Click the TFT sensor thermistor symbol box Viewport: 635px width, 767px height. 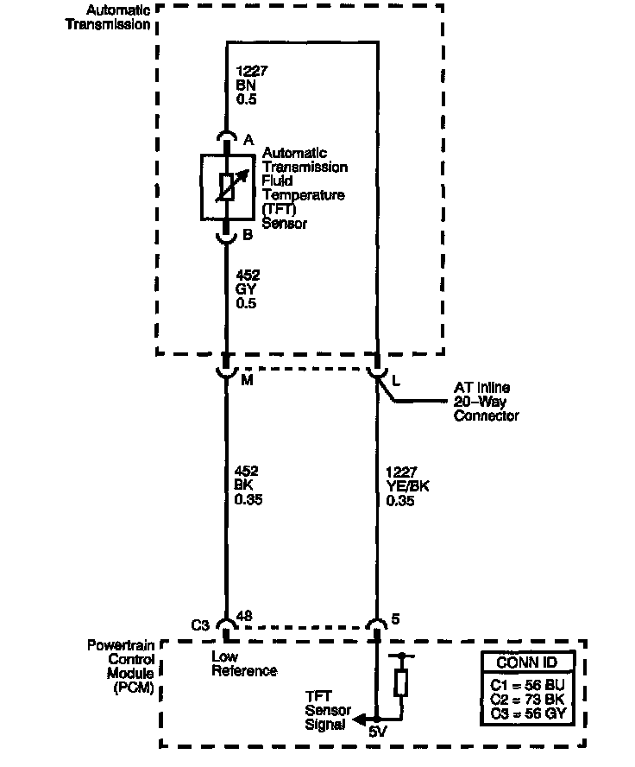(226, 187)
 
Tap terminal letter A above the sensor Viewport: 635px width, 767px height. (248, 140)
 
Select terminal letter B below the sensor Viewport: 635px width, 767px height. (248, 233)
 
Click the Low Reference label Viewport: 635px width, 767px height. (243, 663)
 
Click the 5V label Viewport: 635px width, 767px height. (377, 732)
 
